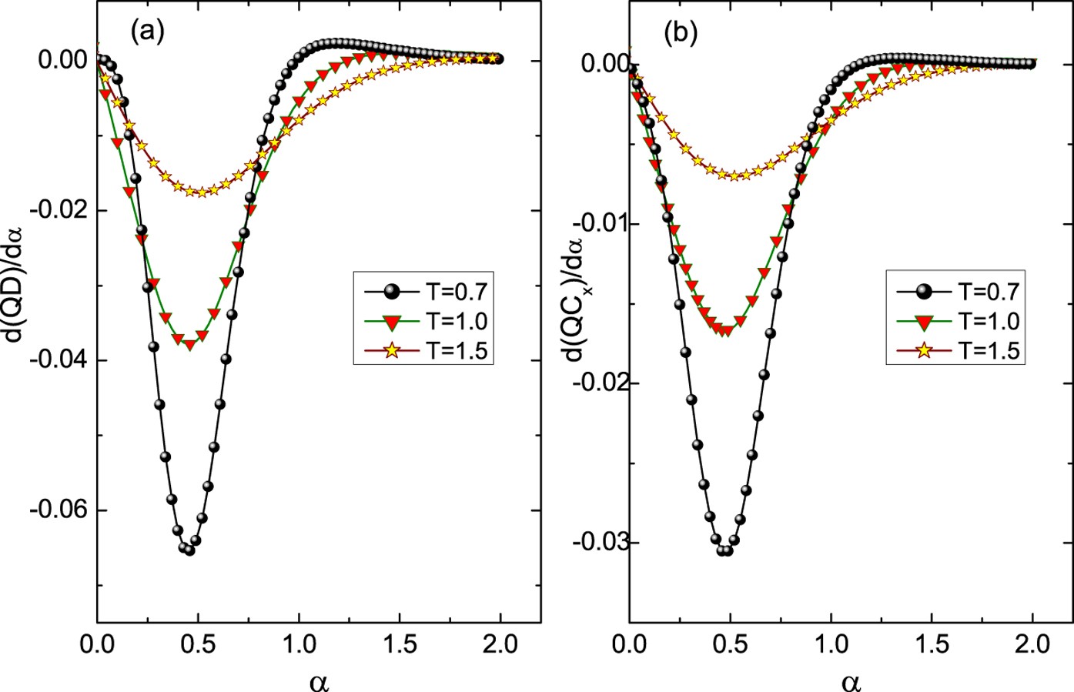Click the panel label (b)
[x=680, y=32]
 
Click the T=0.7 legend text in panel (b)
[x=989, y=291]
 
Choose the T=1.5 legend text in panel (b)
[x=989, y=350]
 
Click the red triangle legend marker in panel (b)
[x=924, y=321]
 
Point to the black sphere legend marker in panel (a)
[x=392, y=291]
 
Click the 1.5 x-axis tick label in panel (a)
[x=400, y=644]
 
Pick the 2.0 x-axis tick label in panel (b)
[x=1032, y=644]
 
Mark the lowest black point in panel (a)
[x=189, y=550]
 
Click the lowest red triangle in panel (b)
[x=724, y=332]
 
